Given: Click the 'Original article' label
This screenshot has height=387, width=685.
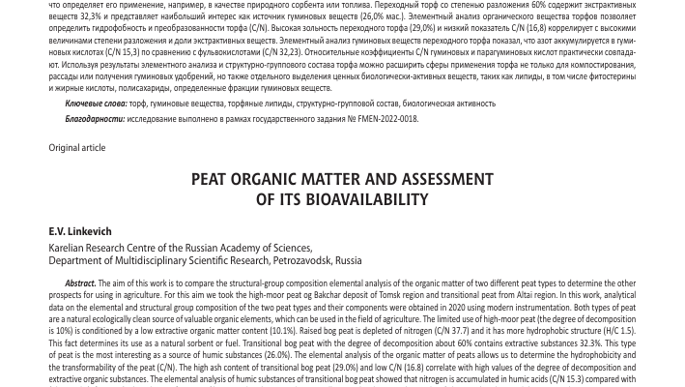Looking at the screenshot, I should click(76, 148).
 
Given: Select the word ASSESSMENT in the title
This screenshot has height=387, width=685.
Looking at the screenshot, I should click(435, 179).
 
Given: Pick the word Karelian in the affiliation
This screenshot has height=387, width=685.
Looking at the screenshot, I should click(70, 249).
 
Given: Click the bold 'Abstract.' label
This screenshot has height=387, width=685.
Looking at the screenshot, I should click(80, 283).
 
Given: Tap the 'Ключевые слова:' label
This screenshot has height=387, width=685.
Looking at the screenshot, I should click(96, 103).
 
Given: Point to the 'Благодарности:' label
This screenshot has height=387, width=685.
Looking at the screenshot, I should click(95, 119).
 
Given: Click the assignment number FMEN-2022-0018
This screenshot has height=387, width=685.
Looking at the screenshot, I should click(386, 119).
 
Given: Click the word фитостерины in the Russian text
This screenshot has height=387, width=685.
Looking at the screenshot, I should click(612, 77).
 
